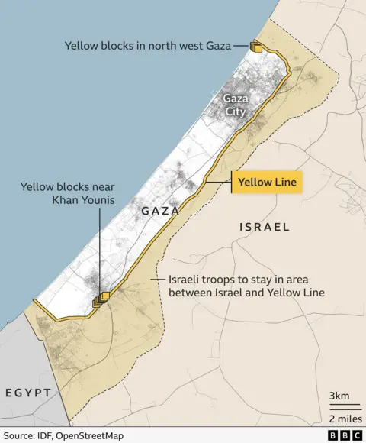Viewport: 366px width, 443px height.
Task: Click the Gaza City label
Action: tap(236, 105)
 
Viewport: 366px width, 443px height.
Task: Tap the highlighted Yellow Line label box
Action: tap(267, 183)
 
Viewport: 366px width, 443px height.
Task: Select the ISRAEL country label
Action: tap(265, 227)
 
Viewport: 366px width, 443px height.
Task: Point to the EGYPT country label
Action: tap(28, 393)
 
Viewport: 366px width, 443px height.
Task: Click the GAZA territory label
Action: tap(159, 210)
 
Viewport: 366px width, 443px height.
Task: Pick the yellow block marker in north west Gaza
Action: tap(256, 47)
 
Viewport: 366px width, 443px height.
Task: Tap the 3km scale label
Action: tap(339, 396)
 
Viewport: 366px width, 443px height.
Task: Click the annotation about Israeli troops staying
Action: tap(242, 286)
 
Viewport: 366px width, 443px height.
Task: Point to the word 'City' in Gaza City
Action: tap(236, 112)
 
